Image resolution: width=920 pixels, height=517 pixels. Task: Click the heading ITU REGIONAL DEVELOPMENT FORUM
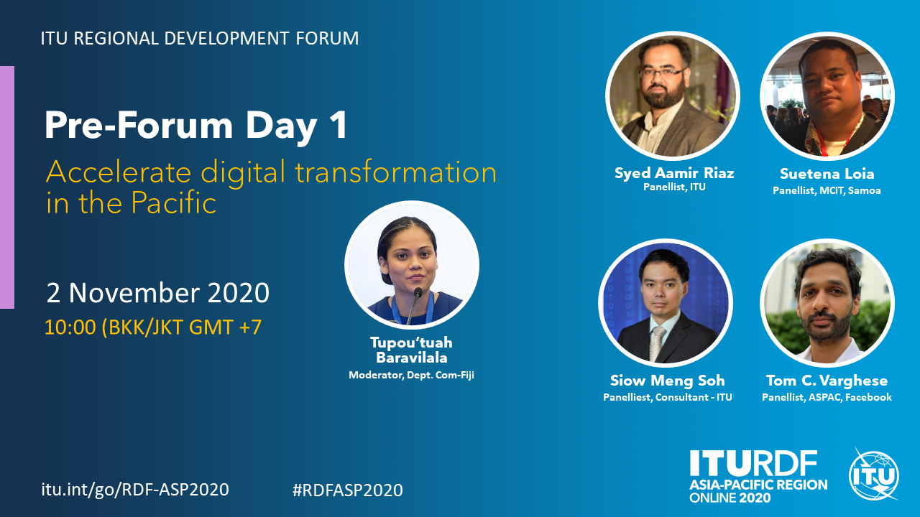(x=200, y=38)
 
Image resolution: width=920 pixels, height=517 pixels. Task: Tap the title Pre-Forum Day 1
(x=196, y=125)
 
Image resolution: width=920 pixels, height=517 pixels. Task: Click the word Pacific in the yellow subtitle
(x=173, y=202)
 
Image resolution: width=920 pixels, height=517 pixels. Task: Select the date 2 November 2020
(x=157, y=292)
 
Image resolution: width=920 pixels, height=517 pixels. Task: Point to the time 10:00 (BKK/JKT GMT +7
(x=153, y=327)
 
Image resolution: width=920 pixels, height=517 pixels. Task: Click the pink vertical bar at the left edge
(x=7, y=187)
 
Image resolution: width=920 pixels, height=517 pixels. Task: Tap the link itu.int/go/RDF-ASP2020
(x=135, y=490)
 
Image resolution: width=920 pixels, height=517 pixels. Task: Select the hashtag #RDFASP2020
(x=347, y=490)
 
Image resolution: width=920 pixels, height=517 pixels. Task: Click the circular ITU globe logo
(x=873, y=475)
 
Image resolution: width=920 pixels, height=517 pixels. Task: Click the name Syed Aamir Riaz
(x=674, y=173)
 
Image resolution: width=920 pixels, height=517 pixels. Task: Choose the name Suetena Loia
(x=827, y=174)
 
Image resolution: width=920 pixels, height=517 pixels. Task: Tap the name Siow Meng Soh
(x=668, y=381)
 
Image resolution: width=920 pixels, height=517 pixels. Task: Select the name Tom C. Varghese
(x=827, y=381)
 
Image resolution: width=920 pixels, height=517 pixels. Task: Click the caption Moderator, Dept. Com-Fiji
(x=412, y=375)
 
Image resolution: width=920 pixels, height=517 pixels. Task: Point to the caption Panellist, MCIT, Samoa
(x=827, y=191)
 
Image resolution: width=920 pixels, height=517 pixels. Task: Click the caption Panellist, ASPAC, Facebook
(x=827, y=397)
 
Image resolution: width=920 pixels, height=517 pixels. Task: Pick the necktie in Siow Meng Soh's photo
(x=658, y=343)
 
